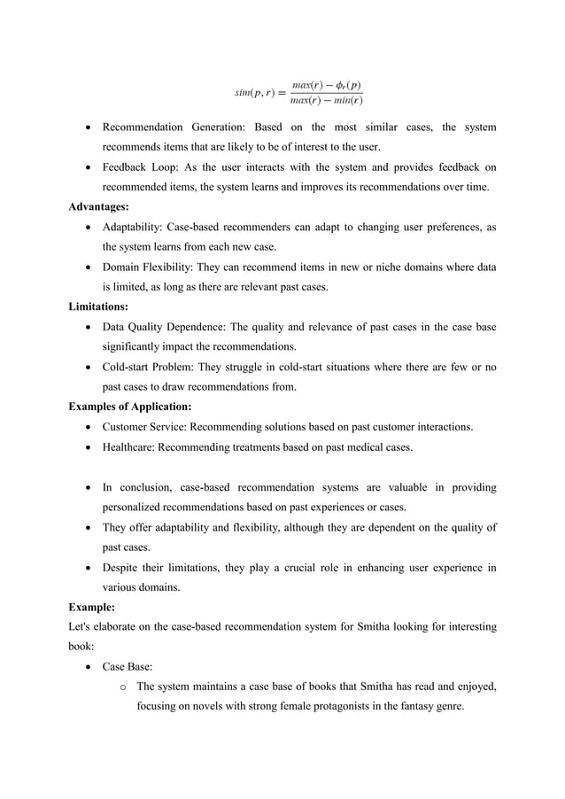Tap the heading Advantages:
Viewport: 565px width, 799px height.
[99, 206]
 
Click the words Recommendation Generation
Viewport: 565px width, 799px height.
[173, 128]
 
